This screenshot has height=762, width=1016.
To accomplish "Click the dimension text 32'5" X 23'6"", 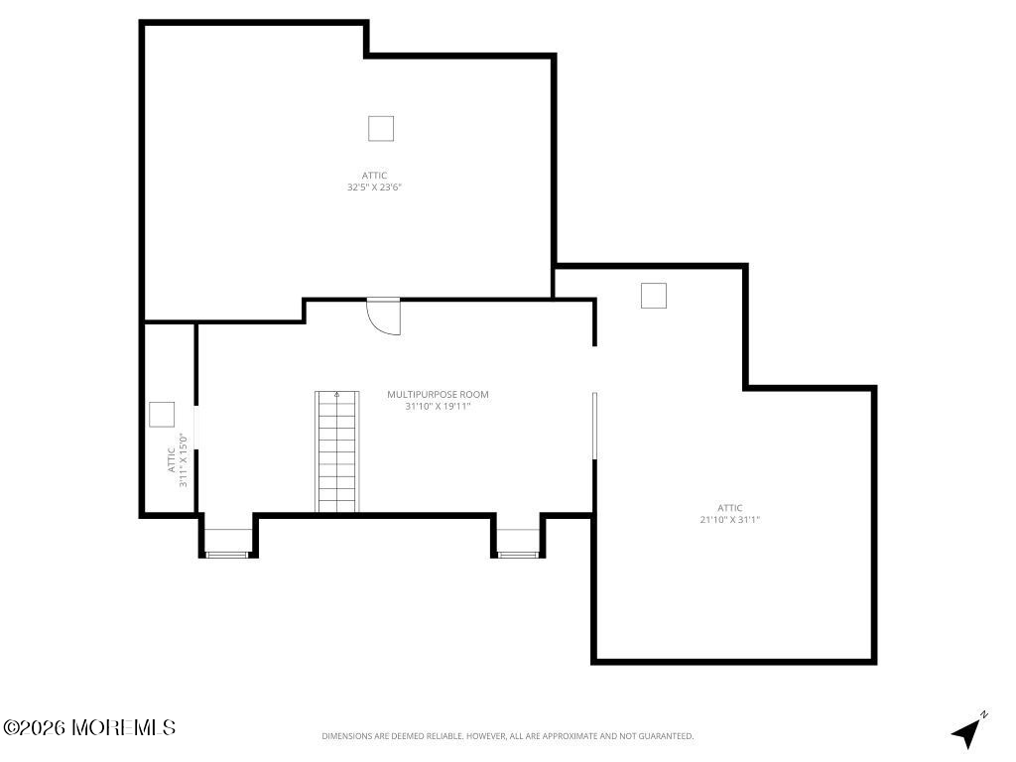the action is coord(374,188).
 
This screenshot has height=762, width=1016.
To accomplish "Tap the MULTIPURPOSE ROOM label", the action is coord(438,394).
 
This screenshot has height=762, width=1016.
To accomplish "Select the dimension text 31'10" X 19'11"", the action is coord(438,406).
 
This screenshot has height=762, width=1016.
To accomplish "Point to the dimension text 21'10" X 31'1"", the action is coord(729,519).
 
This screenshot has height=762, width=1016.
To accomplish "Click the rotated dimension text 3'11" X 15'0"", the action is coord(184,460).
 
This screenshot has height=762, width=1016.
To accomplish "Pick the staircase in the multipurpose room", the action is coord(337,451).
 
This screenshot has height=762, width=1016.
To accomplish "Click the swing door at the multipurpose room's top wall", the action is coord(384,316).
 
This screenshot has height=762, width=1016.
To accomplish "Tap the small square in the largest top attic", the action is coord(381,128).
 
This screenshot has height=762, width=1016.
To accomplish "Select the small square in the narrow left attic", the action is coord(162,415).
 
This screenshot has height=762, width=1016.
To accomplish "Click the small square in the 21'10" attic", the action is coord(654,296).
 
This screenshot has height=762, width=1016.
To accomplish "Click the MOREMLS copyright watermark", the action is coord(89,727).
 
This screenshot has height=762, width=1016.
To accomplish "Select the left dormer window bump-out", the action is coord(228,535).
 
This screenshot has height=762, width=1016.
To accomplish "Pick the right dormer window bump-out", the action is coord(518,535).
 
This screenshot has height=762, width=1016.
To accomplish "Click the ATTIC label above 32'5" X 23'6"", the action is coord(374,176).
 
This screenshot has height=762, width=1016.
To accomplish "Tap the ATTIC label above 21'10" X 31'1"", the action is coord(729,507).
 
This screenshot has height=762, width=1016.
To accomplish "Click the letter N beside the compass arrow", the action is coord(983,714).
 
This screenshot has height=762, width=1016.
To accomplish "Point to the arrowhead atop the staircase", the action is coord(337,394).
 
